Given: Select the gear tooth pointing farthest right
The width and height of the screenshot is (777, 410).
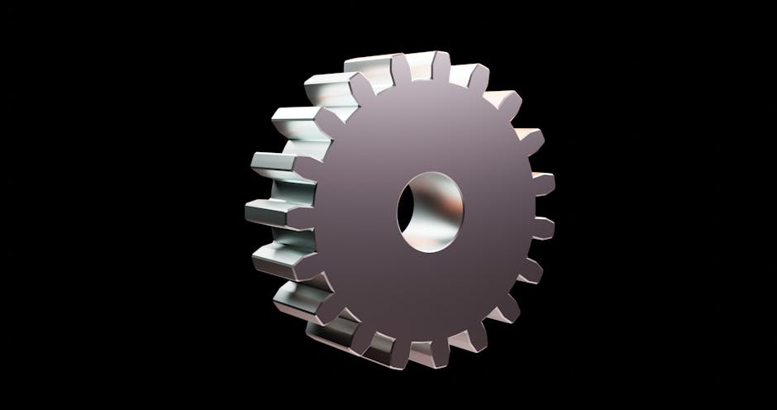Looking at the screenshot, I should click(541, 184).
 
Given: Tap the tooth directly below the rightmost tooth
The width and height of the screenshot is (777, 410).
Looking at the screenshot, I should click(541, 227).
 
